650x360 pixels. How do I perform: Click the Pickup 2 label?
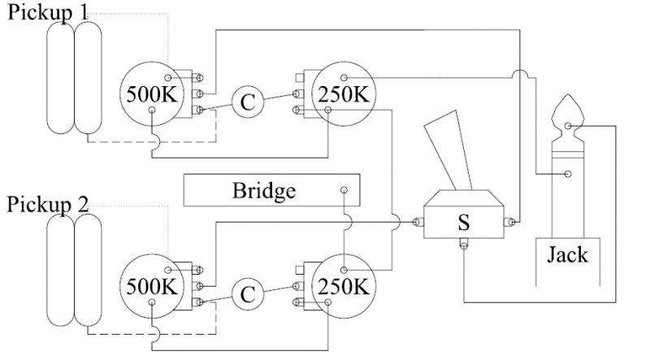point(48,203)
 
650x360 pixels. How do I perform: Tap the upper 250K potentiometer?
point(346,93)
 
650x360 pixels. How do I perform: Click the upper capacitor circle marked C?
point(249,101)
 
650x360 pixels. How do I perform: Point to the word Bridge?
point(264,192)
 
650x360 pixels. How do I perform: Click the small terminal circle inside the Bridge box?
point(344,189)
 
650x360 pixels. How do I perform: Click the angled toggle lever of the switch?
point(449,150)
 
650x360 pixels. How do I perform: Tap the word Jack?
point(568,254)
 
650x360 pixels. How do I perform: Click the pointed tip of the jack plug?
point(569,114)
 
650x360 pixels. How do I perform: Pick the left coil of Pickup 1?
point(61,77)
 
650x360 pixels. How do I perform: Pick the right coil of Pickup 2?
point(89,268)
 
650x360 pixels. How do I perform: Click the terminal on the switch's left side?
point(417,221)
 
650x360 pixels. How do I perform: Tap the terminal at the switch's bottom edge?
point(463,246)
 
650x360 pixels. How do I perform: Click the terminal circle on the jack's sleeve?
point(567,173)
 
